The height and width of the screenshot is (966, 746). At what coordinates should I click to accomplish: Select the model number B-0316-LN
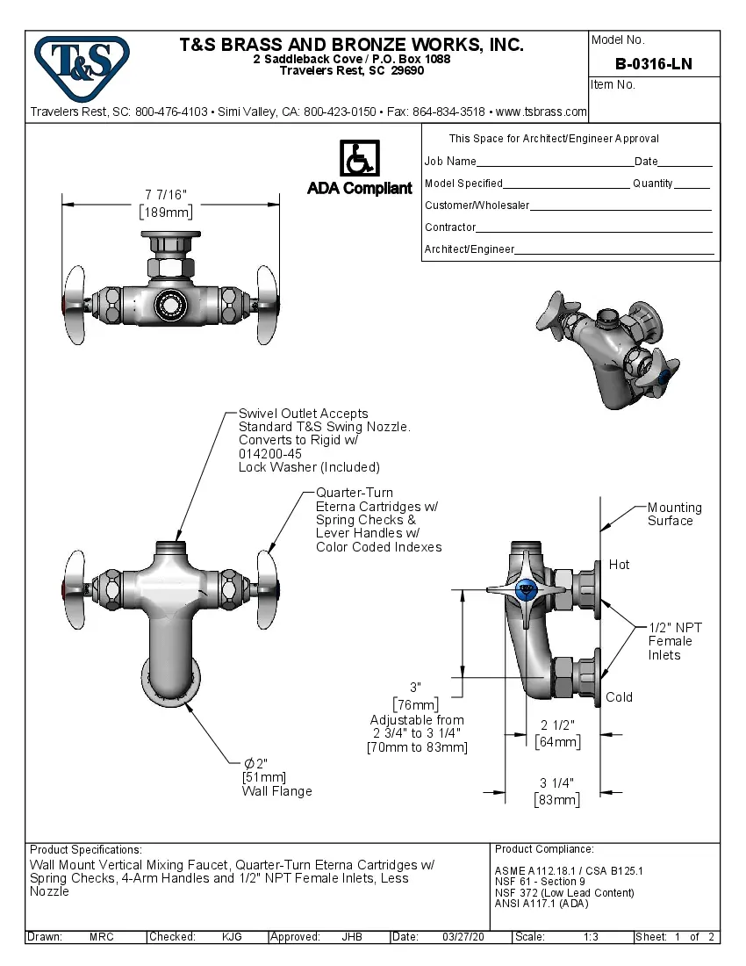(x=653, y=63)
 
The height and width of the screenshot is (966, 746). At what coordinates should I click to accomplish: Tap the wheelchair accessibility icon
(x=358, y=159)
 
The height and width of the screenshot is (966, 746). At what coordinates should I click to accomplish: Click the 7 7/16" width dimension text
(x=166, y=194)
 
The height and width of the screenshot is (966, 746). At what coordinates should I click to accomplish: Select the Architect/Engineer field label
(x=470, y=249)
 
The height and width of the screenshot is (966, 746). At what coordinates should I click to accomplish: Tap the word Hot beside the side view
(x=619, y=565)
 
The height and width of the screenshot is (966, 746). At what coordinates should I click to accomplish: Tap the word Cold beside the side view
(x=619, y=697)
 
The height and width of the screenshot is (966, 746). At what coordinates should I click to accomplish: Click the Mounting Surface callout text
(x=674, y=514)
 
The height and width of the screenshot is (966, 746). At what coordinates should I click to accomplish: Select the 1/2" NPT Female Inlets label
(x=675, y=641)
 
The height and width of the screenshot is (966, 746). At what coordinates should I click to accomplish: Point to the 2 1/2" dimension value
(x=557, y=725)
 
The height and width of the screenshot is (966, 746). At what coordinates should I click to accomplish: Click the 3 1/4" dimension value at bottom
(x=557, y=783)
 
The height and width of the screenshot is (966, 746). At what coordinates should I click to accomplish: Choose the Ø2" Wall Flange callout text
(x=276, y=777)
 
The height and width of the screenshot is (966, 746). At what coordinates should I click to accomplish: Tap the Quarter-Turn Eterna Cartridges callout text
(x=378, y=519)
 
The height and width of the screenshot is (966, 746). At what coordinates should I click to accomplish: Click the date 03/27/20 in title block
(x=463, y=937)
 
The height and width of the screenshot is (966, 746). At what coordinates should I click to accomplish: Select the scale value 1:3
(x=591, y=937)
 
